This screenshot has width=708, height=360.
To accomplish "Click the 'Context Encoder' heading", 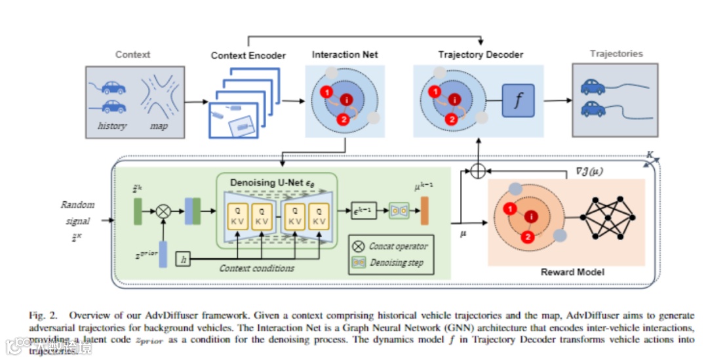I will (x=248, y=56).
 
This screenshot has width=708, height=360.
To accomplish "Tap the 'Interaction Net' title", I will (x=345, y=54).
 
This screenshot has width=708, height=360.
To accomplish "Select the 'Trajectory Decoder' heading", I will (x=481, y=54).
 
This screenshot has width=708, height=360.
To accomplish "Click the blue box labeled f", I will (x=519, y=102).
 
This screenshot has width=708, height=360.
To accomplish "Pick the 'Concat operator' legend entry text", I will (x=398, y=246).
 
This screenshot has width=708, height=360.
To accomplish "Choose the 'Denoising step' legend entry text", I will (x=396, y=262).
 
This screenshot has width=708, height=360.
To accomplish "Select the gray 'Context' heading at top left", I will (x=132, y=54).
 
